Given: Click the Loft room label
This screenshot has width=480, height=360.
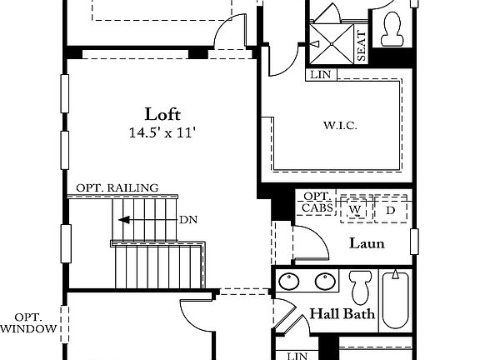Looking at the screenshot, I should tap(162, 114).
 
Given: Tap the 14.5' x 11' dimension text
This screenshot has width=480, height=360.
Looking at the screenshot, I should tap(162, 132).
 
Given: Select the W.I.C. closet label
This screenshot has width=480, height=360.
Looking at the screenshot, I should tap(341, 126).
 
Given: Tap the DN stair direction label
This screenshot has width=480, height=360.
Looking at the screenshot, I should tap(187, 221).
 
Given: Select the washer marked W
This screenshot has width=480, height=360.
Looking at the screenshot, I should tap(356, 208).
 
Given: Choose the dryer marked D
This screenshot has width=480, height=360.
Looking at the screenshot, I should tap(390, 208).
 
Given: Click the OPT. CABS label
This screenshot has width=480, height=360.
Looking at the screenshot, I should tap(317, 203).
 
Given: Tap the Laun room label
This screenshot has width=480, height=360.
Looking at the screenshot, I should tap(367, 244).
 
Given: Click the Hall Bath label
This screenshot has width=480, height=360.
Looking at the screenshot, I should tap(342, 315).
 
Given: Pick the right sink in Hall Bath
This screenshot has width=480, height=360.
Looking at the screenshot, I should tap(324, 282).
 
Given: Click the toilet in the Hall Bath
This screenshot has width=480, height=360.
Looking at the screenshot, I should tap(361, 287).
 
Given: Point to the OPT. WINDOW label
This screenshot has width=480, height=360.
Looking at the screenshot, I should tap(29, 323).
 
